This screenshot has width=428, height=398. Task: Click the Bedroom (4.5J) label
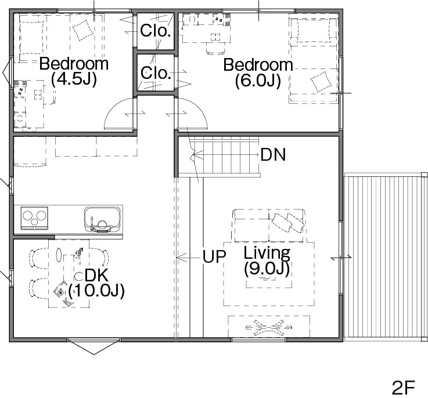click(74, 71)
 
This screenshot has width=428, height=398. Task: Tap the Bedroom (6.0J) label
click(258, 73)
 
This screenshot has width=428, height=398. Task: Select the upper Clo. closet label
click(155, 31)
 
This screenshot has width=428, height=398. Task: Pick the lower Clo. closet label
click(156, 73)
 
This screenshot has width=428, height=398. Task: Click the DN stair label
click(273, 155)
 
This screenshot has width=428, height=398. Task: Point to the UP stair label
click(214, 256)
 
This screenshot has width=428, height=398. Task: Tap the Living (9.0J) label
click(267, 261)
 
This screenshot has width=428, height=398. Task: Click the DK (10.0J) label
click(96, 283)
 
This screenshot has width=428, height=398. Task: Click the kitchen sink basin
click(102, 219)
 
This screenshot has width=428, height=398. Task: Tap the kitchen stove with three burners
click(34, 218)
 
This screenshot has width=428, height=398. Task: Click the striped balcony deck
click(385, 256)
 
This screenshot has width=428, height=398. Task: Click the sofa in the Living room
click(269, 226)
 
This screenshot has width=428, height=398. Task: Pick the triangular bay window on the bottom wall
click(93, 346)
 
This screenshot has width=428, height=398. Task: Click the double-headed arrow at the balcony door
click(341, 257)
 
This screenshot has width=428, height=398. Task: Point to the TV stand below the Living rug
click(269, 327)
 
